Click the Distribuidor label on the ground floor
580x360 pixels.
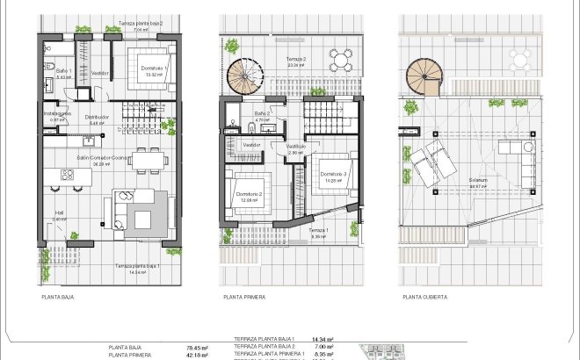pos(96,117)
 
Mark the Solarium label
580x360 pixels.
pos(479,183)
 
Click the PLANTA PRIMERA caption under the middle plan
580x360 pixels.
pos(245,298)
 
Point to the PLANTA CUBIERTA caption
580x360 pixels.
pos(425,298)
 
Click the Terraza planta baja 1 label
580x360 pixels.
pos(135,265)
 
